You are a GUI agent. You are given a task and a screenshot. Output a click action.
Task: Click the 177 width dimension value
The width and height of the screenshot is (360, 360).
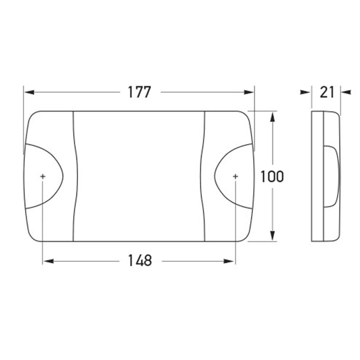(139, 92)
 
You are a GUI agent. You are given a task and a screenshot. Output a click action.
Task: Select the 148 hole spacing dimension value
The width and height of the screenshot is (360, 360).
(140, 261)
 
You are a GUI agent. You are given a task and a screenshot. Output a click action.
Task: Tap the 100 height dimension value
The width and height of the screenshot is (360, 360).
(272, 176)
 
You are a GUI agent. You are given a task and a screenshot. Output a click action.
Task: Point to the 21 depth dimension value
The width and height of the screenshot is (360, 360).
(327, 92)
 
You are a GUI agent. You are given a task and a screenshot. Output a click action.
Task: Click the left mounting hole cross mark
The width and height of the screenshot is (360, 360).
(43, 176)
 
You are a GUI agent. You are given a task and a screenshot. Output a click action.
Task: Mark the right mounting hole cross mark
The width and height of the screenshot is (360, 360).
(235, 176)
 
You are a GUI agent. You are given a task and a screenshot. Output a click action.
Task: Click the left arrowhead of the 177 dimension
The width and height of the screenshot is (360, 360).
(29, 92)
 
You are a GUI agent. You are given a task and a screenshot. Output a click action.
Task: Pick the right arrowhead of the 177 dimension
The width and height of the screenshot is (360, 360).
(249, 92)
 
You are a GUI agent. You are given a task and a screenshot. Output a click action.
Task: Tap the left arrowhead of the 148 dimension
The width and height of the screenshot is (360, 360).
(49, 261)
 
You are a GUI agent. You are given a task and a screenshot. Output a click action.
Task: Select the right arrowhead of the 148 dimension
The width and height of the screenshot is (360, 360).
(229, 261)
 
